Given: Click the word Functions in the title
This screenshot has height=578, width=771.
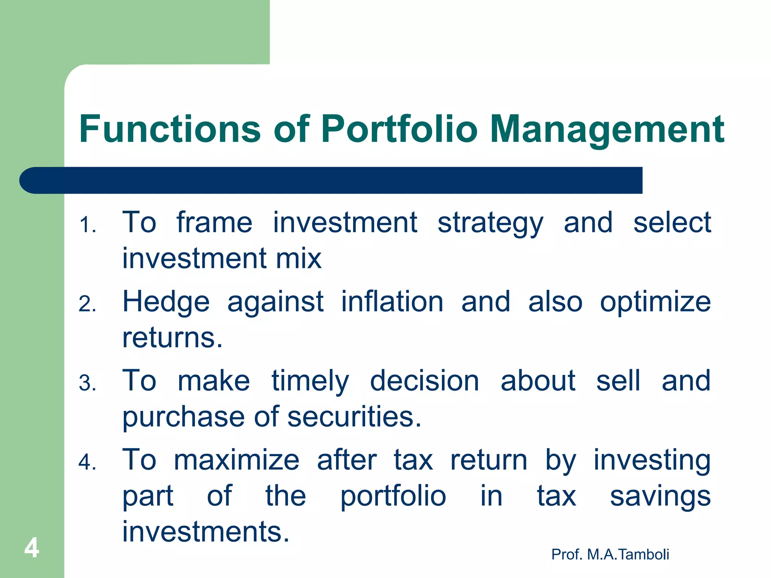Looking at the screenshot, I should pyautogui.click(x=170, y=129).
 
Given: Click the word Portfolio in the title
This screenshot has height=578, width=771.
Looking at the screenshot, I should pyautogui.click(x=399, y=129).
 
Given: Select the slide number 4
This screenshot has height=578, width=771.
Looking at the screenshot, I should pyautogui.click(x=32, y=548).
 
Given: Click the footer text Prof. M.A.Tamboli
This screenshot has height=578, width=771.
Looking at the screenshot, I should pyautogui.click(x=610, y=554).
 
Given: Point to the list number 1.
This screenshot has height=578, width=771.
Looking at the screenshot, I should pyautogui.click(x=87, y=225).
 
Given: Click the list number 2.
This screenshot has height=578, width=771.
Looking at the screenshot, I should pyautogui.click(x=87, y=304).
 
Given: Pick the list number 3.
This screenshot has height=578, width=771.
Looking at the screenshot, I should pyautogui.click(x=87, y=383).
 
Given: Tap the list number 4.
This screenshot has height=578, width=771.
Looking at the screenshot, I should pyautogui.click(x=87, y=462).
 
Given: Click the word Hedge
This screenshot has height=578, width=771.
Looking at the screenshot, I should pyautogui.click(x=166, y=302).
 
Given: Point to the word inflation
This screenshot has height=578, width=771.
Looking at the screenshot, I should pyautogui.click(x=392, y=302).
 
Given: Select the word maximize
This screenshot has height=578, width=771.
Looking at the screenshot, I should pyautogui.click(x=236, y=460).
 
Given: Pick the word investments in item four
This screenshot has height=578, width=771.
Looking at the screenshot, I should pyautogui.click(x=206, y=532).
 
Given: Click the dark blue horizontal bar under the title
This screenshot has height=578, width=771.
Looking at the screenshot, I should pyautogui.click(x=331, y=180).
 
